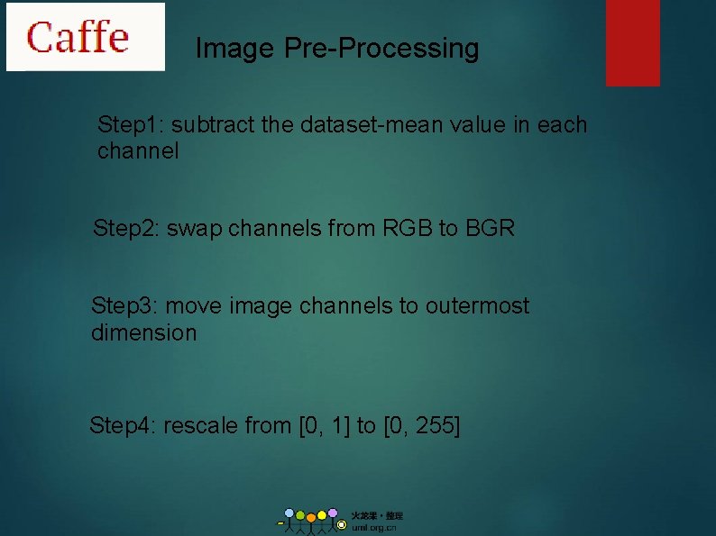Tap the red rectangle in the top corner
[632, 42]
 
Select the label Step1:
[129, 124]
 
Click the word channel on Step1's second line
[138, 151]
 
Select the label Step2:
[125, 229]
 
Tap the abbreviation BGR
[490, 229]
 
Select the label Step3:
[124, 306]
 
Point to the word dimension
[143, 333]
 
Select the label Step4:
[122, 425]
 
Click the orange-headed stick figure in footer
[311, 522]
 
